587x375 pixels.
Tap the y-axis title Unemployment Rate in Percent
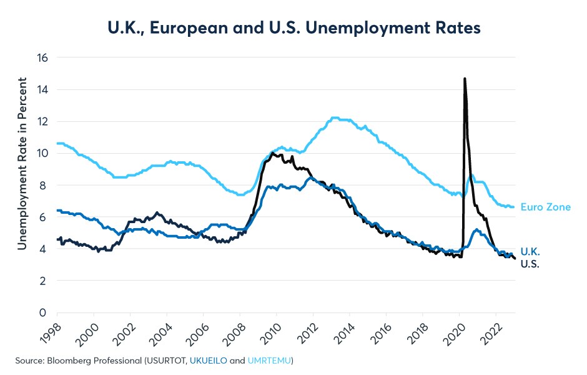click(22, 164)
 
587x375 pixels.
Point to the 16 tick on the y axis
click(42, 57)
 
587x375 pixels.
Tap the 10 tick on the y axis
click(42, 153)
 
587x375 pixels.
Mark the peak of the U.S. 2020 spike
click(465, 79)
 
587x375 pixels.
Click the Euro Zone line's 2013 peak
click(335, 117)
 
